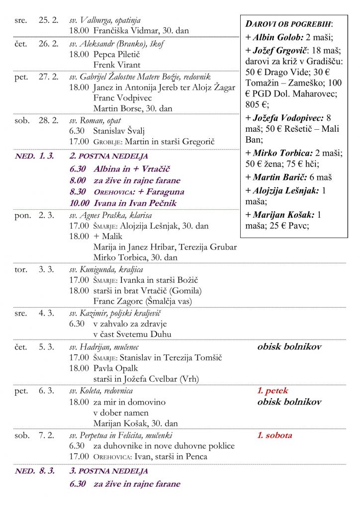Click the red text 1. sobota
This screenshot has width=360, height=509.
pyautogui.click(x=274, y=435)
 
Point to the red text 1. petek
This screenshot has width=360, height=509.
pyautogui.click(x=272, y=391)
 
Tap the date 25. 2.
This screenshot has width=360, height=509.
pyautogui.click(x=48, y=20)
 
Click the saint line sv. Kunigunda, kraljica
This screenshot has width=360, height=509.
pyautogui.click(x=106, y=269)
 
